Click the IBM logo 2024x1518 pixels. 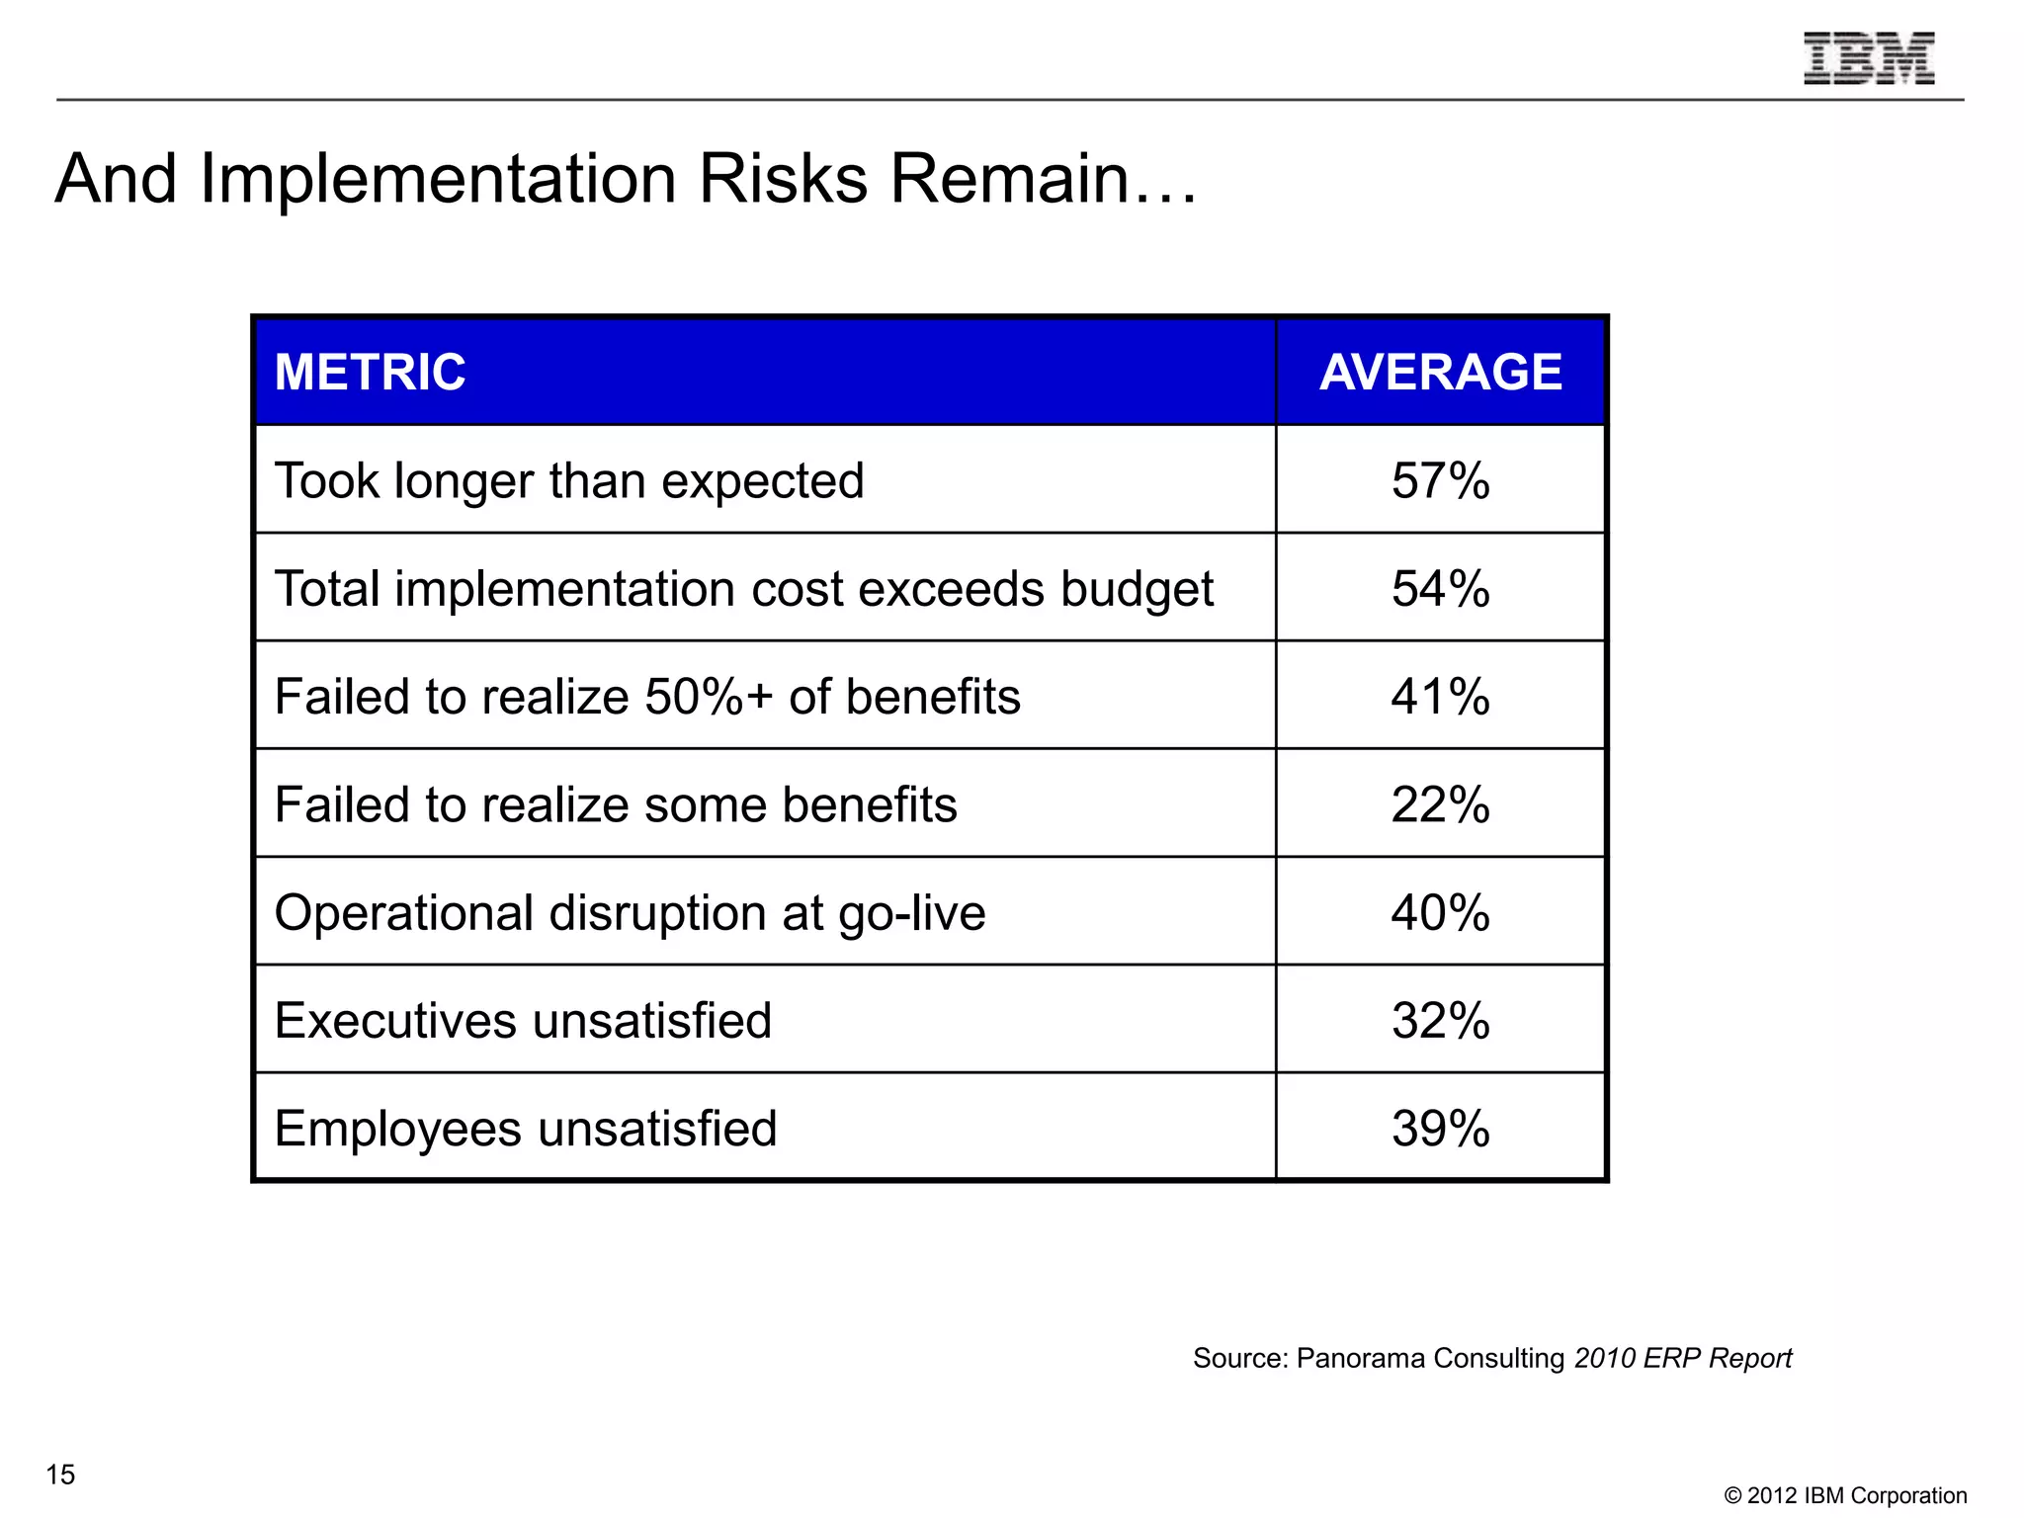click(x=1868, y=58)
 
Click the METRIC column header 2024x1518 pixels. click(x=370, y=373)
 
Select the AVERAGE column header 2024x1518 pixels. click(x=1440, y=373)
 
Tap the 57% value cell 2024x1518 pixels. click(x=1440, y=481)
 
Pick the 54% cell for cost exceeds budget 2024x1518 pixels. click(x=1440, y=589)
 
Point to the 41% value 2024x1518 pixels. click(x=1440, y=697)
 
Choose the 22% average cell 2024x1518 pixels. click(x=1440, y=804)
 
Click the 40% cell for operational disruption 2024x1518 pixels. click(x=1440, y=912)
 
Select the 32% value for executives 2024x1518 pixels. click(x=1440, y=1020)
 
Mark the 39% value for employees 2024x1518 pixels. click(x=1440, y=1128)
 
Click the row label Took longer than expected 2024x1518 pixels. click(x=569, y=481)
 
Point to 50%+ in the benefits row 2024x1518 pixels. click(x=708, y=697)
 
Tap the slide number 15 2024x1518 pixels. click(x=60, y=1475)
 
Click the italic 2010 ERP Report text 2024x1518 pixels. click(x=1682, y=1358)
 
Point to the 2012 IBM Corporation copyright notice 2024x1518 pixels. click(x=1845, y=1495)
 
